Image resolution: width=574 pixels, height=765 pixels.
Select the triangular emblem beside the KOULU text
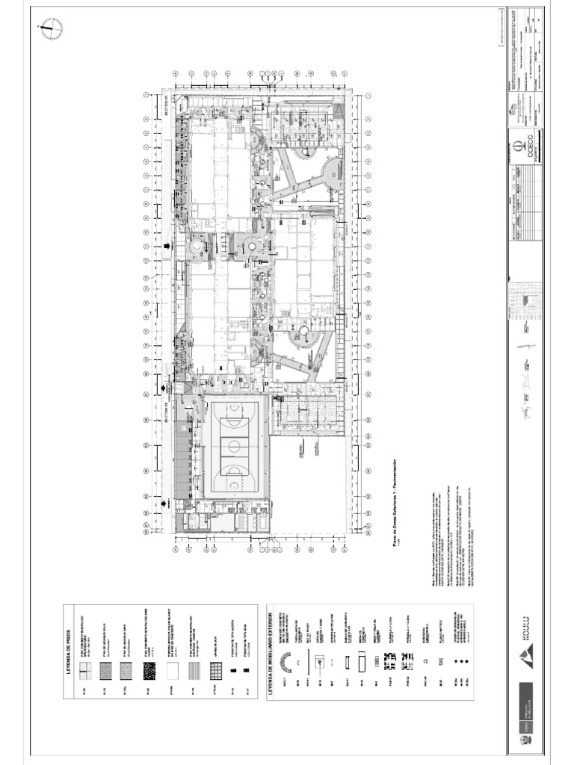click(525, 657)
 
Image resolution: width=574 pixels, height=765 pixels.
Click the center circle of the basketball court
click(234, 447)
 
